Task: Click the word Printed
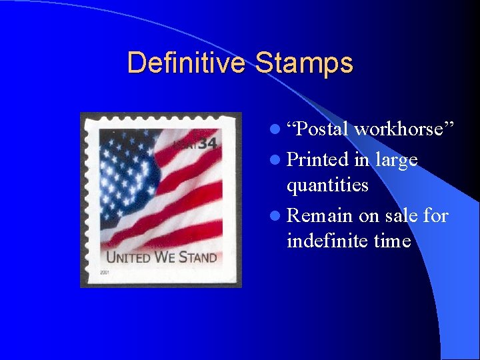coord(317,160)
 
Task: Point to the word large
coord(396,160)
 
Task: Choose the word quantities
coord(327,185)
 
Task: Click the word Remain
coord(320,215)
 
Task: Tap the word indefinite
coord(328,240)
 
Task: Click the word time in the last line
coord(392,240)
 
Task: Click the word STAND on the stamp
coord(197,257)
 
